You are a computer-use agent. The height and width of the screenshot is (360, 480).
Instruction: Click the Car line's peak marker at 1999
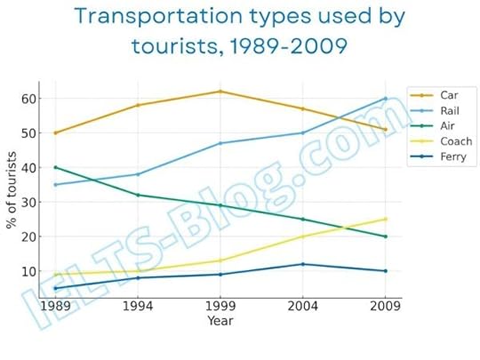click(220, 92)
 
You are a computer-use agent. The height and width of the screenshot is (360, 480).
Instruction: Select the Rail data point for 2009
click(384, 99)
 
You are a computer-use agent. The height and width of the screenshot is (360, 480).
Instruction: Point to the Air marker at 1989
click(55, 167)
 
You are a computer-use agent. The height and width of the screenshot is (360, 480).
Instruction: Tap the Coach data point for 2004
click(302, 236)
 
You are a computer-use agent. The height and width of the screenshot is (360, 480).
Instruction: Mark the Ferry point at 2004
click(302, 264)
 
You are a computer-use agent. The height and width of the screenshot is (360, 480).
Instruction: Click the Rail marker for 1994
click(137, 174)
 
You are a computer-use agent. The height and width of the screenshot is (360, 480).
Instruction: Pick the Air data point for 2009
click(384, 236)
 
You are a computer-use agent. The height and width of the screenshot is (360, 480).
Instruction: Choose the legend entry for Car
click(448, 94)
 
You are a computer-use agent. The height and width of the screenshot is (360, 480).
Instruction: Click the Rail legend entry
click(448, 110)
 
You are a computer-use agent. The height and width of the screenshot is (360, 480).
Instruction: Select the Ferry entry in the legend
click(451, 156)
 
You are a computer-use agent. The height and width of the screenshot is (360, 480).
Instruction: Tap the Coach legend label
click(453, 140)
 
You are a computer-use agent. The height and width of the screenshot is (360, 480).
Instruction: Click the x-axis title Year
click(220, 320)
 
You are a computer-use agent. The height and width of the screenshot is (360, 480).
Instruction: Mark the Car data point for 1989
click(55, 133)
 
